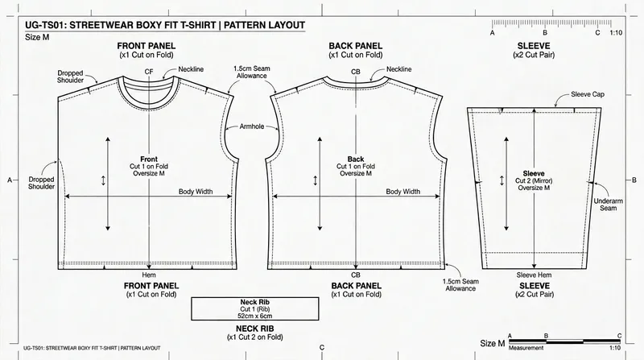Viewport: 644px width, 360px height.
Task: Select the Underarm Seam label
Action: point(607,205)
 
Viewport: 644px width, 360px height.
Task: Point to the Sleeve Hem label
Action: point(534,274)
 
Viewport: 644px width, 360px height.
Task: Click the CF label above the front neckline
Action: point(149,72)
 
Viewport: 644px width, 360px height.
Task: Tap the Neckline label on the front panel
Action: point(191,70)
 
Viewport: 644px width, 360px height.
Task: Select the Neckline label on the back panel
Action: point(399,70)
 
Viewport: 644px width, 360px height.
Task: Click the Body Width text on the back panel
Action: point(402,192)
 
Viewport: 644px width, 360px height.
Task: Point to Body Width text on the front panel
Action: point(196,192)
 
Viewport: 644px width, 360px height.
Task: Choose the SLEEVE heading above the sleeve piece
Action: point(534,47)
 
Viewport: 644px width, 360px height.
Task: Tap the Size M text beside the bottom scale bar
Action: point(493,344)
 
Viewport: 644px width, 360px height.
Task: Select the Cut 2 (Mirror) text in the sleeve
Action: point(534,181)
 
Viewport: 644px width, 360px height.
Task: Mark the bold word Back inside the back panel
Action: point(356,159)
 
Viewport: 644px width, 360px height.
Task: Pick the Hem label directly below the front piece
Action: point(150,274)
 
